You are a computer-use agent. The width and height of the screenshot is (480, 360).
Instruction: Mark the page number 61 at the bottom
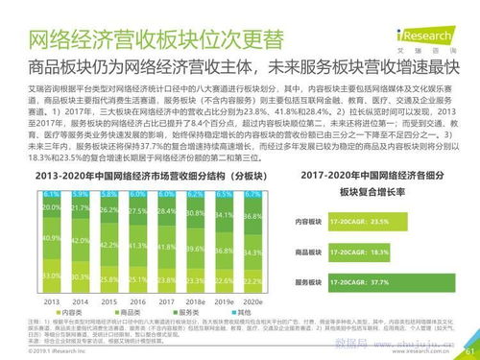[x=469, y=351]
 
